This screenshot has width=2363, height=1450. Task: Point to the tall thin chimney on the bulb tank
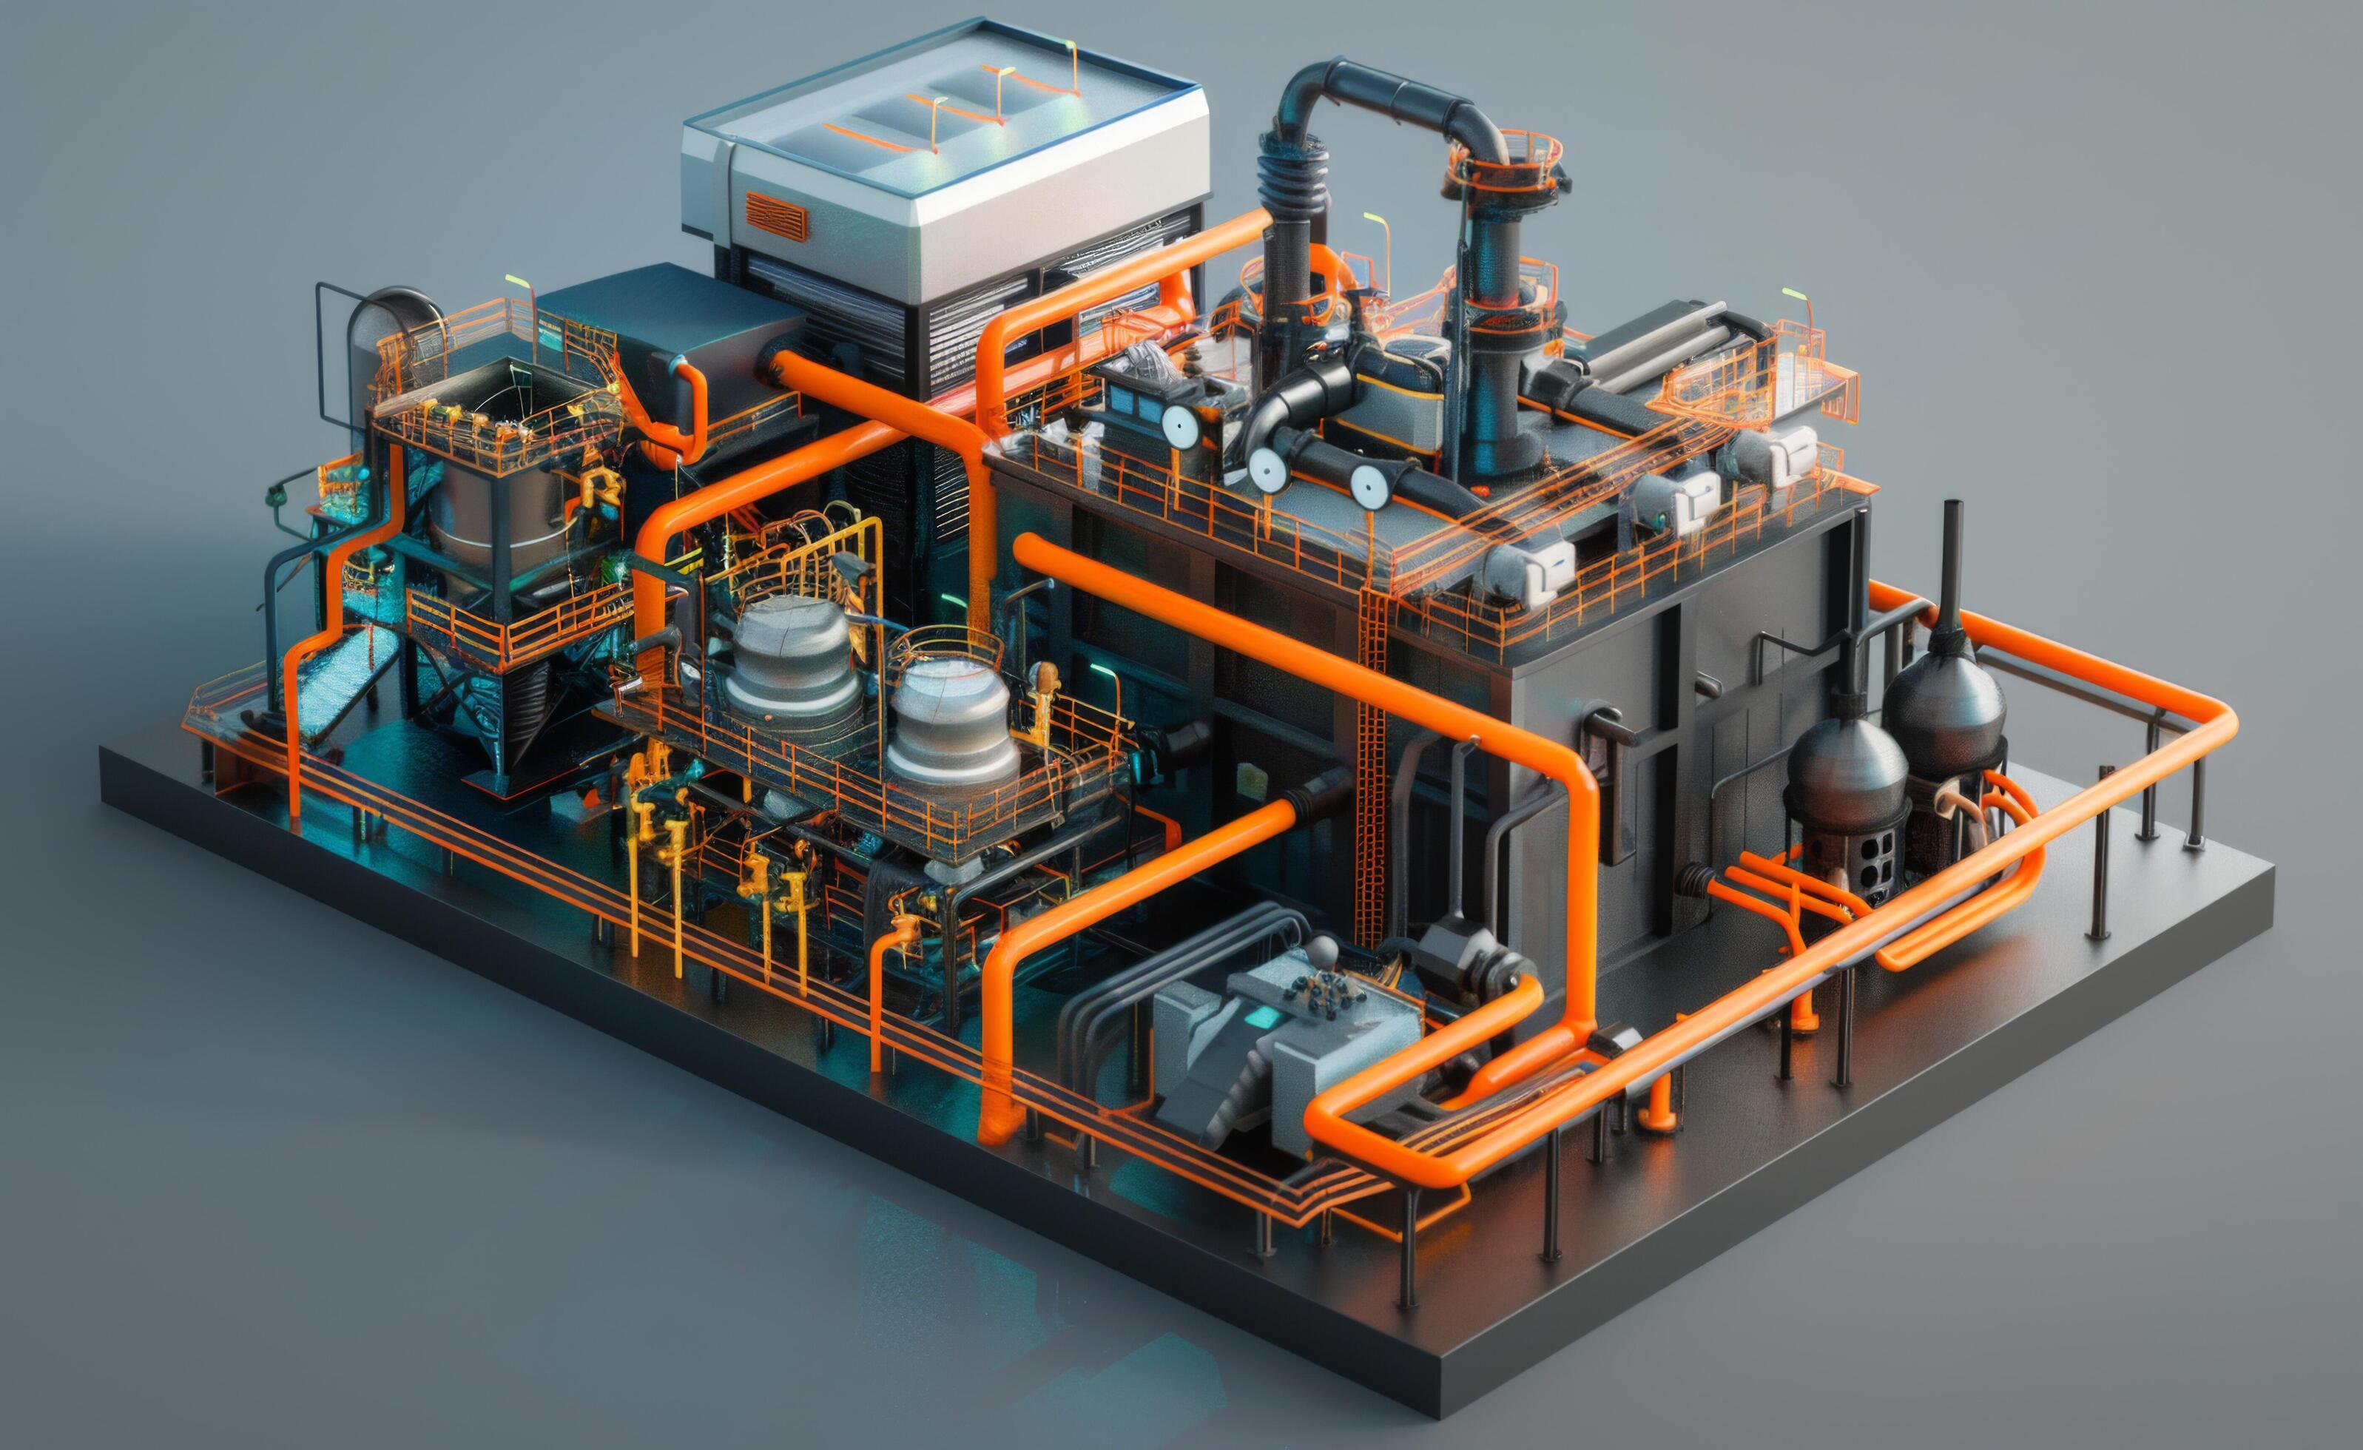pos(1951,566)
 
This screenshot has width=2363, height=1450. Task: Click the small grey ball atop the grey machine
pos(1324,951)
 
